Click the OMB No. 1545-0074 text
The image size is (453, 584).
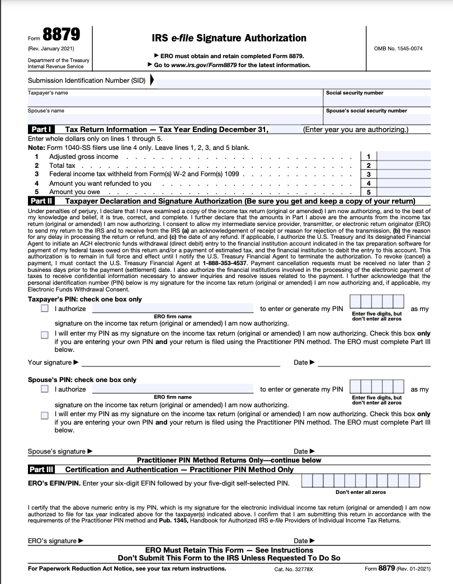398,49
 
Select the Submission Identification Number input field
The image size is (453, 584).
291,81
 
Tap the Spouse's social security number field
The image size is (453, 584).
377,119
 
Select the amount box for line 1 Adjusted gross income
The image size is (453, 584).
404,157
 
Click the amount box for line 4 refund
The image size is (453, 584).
404,183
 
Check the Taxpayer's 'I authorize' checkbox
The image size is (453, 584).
45,309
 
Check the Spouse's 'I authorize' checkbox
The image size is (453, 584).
45,389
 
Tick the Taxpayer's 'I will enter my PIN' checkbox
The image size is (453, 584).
45,335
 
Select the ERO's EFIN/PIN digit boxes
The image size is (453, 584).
366,481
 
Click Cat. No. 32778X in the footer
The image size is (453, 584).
294,569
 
